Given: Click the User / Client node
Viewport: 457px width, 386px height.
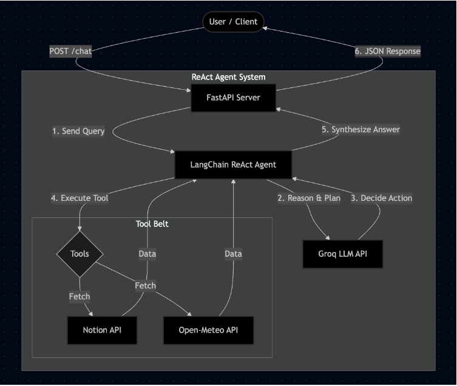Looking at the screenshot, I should pos(233,22).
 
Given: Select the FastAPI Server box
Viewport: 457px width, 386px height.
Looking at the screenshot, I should pos(233,98).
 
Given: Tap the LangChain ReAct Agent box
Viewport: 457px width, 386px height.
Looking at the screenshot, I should pos(233,164).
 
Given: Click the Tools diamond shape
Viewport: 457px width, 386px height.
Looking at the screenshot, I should pos(80,254).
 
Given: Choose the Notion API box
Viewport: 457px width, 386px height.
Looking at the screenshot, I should pos(101,330).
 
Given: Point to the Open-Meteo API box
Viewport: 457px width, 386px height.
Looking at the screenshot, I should pos(208,330).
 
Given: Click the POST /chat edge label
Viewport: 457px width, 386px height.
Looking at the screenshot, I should pos(70,52).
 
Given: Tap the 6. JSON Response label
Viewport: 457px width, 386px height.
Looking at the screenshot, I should pos(387,52).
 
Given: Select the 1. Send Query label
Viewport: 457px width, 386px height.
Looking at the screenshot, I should pos(78,131).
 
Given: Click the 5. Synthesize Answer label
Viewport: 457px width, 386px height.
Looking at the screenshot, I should pos(361,129).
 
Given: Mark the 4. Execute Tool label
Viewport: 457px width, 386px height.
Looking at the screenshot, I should pos(80,198).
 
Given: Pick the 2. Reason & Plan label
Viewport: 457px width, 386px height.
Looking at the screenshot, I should pos(309,198).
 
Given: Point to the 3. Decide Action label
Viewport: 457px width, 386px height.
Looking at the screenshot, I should pos(381,198).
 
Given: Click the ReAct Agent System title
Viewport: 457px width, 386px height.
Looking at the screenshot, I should pos(228,77).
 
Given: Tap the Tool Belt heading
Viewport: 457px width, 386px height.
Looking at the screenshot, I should pos(152,224).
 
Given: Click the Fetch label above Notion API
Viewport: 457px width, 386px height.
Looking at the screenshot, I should pos(80,297).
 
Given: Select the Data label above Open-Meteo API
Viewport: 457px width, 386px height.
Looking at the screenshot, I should pos(233,254).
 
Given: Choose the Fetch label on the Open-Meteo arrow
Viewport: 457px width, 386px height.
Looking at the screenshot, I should pos(145,285).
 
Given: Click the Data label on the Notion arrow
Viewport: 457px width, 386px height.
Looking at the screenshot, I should pos(147,254).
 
